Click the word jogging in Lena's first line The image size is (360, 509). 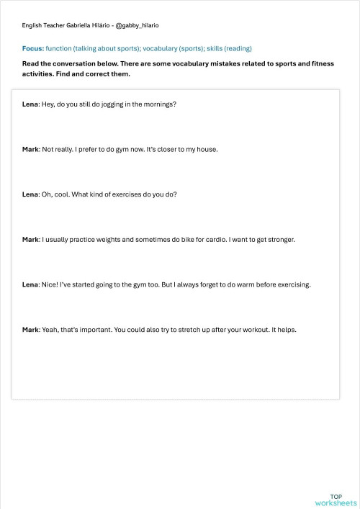112,104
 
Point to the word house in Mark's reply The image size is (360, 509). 205,150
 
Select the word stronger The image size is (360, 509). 279,239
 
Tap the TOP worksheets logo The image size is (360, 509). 336,500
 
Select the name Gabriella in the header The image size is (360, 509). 83,25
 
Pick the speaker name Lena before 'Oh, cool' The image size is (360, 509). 30,194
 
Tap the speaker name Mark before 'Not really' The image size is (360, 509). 30,150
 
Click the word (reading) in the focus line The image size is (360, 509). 238,48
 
